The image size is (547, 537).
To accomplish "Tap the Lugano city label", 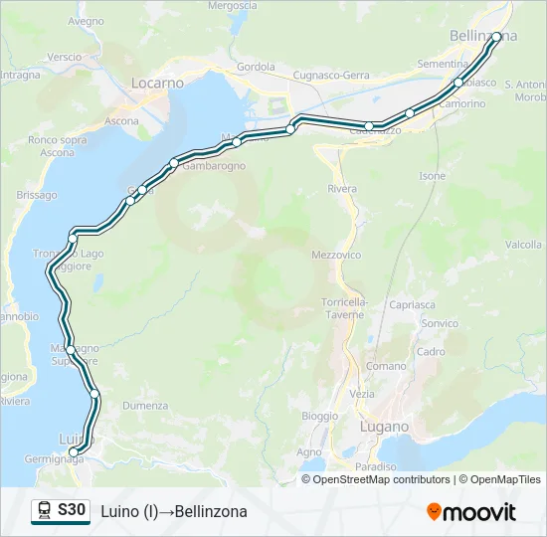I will click(x=385, y=427).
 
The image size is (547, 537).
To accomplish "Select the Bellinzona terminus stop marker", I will click(x=496, y=37).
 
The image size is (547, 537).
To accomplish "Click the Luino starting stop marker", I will click(x=73, y=452).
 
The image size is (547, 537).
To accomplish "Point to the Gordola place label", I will click(x=256, y=68).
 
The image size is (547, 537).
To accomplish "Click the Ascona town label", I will click(x=122, y=121).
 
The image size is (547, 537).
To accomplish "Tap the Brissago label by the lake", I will click(x=38, y=195).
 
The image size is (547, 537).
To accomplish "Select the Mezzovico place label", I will click(x=335, y=255).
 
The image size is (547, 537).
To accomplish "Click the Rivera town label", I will click(x=342, y=188).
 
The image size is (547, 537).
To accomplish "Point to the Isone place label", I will click(x=433, y=176).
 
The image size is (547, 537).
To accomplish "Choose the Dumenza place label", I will click(x=146, y=406).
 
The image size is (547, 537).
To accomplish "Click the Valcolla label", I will click(x=523, y=245).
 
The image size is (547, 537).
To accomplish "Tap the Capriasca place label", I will click(x=413, y=304).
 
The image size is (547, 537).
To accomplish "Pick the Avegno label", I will click(x=86, y=21).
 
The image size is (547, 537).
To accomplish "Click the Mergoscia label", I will click(x=233, y=5).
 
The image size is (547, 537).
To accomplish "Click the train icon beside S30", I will click(x=45, y=511).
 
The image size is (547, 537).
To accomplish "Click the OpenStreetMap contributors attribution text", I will click(x=382, y=479).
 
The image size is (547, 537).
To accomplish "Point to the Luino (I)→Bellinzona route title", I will click(x=174, y=512).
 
